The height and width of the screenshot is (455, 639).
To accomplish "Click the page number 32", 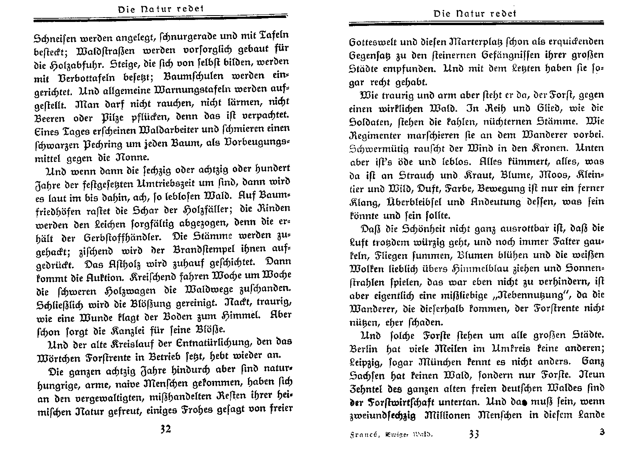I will [x=165, y=429].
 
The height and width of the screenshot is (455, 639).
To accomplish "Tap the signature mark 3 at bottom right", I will [x=602, y=432].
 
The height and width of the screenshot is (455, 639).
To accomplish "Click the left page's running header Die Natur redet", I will [x=161, y=8].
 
